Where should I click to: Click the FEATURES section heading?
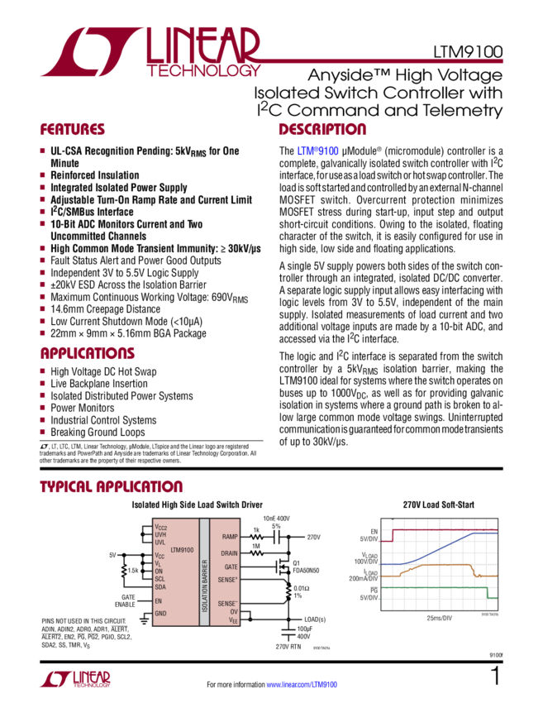[74, 131]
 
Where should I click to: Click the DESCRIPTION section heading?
[322, 131]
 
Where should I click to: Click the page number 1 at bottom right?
[495, 678]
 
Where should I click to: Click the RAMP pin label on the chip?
[230, 537]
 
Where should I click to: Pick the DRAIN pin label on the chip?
[229, 552]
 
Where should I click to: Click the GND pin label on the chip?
[160, 613]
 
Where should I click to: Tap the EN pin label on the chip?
[158, 601]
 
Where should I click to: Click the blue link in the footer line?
[301, 685]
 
